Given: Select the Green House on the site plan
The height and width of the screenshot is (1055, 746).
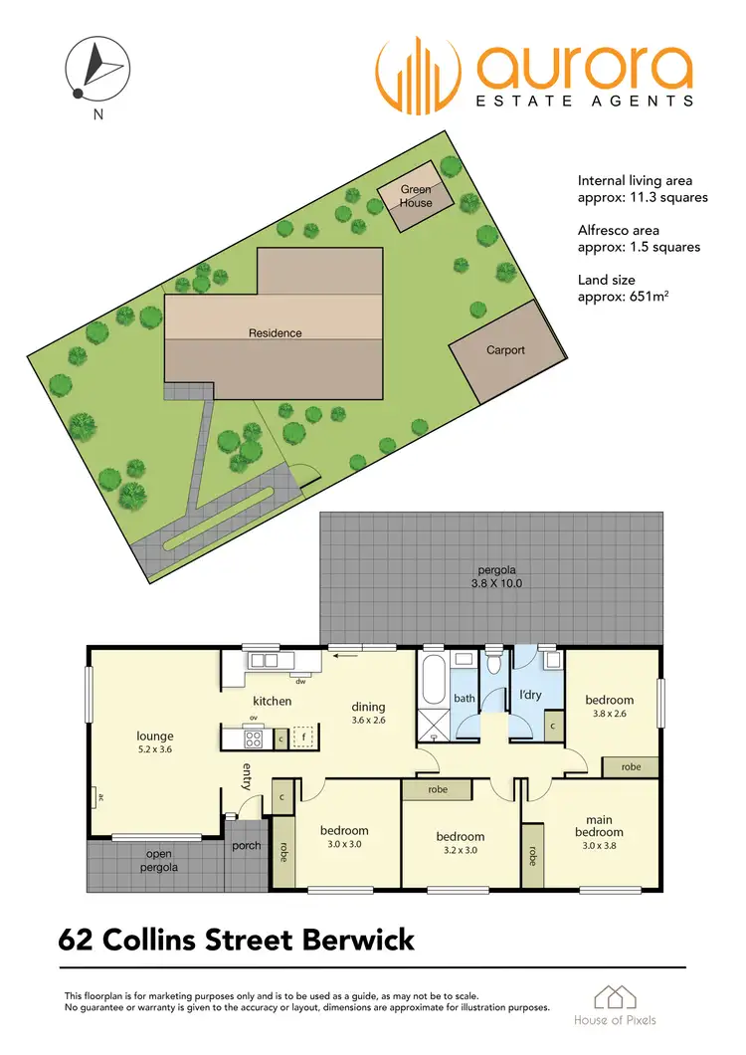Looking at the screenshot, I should coord(417,195).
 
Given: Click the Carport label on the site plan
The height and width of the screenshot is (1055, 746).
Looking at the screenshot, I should coord(505,350).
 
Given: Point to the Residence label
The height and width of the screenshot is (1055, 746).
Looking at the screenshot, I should coord(275,333).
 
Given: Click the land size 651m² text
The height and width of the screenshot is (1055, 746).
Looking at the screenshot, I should coord(627,298).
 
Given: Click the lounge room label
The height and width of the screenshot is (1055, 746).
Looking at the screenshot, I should coord(154,738).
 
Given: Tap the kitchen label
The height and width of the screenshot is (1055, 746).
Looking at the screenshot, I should coord(272,702).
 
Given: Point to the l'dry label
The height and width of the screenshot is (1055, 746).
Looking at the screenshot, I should coord(530,695).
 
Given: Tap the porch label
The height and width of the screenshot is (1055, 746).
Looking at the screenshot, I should coord(246,846).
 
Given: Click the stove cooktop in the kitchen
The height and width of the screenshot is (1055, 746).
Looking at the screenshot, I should coord(253,738).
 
